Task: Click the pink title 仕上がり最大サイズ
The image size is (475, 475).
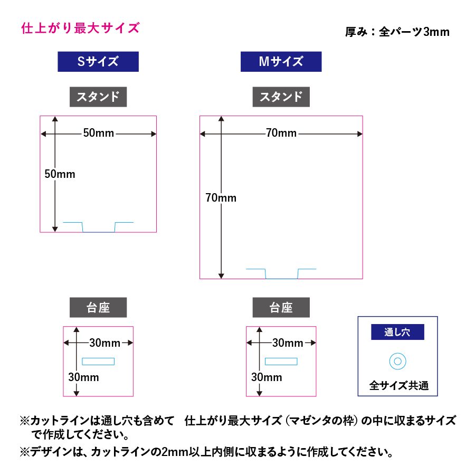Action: click(x=80, y=28)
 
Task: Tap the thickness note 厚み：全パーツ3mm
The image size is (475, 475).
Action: click(x=397, y=32)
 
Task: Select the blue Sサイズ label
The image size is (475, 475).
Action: click(x=98, y=61)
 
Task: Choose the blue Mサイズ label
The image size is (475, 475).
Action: click(x=281, y=61)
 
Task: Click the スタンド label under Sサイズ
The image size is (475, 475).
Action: click(x=98, y=97)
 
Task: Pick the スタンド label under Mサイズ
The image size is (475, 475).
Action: click(x=281, y=97)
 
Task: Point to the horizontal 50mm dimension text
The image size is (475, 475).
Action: click(x=99, y=134)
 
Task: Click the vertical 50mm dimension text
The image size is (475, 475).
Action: click(x=60, y=174)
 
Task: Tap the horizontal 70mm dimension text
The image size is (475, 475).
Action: click(x=281, y=134)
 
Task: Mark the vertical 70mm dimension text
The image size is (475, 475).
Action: click(x=221, y=198)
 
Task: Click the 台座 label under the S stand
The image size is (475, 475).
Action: click(x=98, y=308)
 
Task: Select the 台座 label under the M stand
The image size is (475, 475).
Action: click(x=281, y=308)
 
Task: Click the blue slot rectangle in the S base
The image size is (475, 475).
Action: click(x=98, y=362)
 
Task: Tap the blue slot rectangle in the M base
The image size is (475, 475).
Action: click(x=281, y=362)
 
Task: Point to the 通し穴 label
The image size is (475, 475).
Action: click(x=397, y=332)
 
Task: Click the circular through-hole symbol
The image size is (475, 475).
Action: click(x=397, y=362)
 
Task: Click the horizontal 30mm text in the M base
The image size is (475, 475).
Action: click(x=288, y=343)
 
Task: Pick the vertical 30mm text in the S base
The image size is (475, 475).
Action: click(x=83, y=377)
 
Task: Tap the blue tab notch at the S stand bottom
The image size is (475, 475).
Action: click(x=99, y=227)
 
